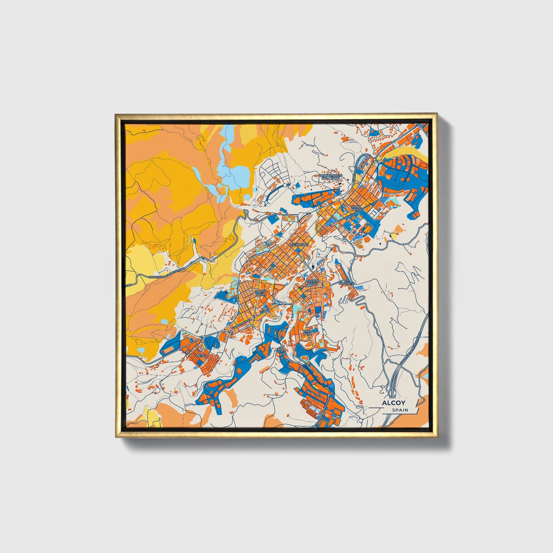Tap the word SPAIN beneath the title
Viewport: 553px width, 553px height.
pos(400,410)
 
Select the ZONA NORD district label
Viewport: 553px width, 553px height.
pos(356,208)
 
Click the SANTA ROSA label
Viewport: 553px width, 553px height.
pos(259,293)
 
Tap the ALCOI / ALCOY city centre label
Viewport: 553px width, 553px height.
pos(312,282)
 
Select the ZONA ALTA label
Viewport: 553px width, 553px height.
pos(307,333)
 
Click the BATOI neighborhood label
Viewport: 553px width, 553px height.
pos(201,356)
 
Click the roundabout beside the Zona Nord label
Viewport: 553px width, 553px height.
pos(379,200)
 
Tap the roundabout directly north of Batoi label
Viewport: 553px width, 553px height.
pos(202,338)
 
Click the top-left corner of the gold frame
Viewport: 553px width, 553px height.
pos(116,114)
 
